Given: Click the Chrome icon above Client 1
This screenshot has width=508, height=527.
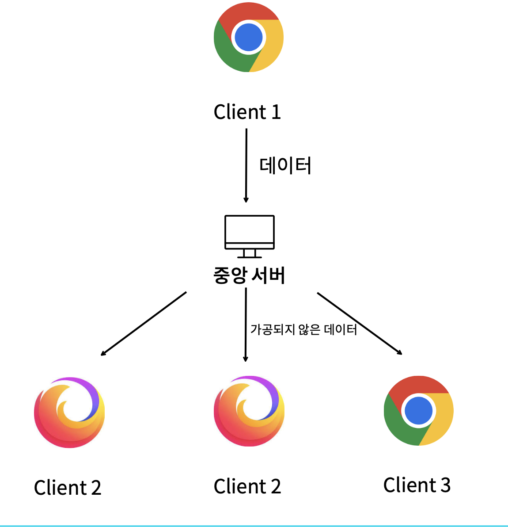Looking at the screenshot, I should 249,38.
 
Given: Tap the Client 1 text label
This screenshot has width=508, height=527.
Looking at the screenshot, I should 247,112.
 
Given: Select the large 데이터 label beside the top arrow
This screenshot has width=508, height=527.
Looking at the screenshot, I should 285,166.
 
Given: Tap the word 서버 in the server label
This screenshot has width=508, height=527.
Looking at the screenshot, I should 268,275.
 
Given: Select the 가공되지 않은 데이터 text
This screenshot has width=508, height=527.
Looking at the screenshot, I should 303,330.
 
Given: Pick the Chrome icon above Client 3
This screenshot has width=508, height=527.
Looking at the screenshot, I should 418,411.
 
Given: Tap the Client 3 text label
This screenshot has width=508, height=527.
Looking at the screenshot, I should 417,485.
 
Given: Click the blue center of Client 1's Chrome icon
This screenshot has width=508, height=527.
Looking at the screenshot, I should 249,38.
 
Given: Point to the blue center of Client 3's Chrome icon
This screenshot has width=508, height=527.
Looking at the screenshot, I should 418,411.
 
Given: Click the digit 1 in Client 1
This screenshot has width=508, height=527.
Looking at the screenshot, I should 276,112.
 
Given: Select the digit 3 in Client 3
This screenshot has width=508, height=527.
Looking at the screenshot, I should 445,485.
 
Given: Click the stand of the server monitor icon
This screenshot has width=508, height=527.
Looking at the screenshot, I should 250,253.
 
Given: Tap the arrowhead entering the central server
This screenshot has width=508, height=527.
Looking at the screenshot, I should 246,200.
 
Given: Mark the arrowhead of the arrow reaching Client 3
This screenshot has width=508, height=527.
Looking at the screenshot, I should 399,352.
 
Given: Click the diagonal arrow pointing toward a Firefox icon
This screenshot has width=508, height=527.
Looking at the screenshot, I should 144,323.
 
